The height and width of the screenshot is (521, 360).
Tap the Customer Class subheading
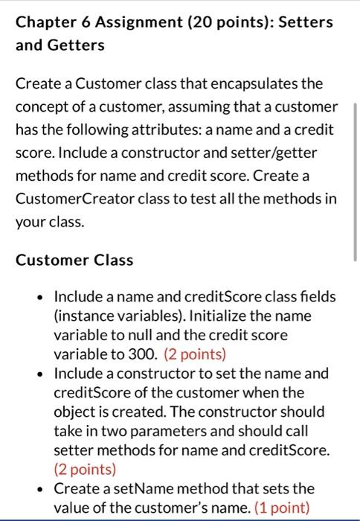click(74, 260)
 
